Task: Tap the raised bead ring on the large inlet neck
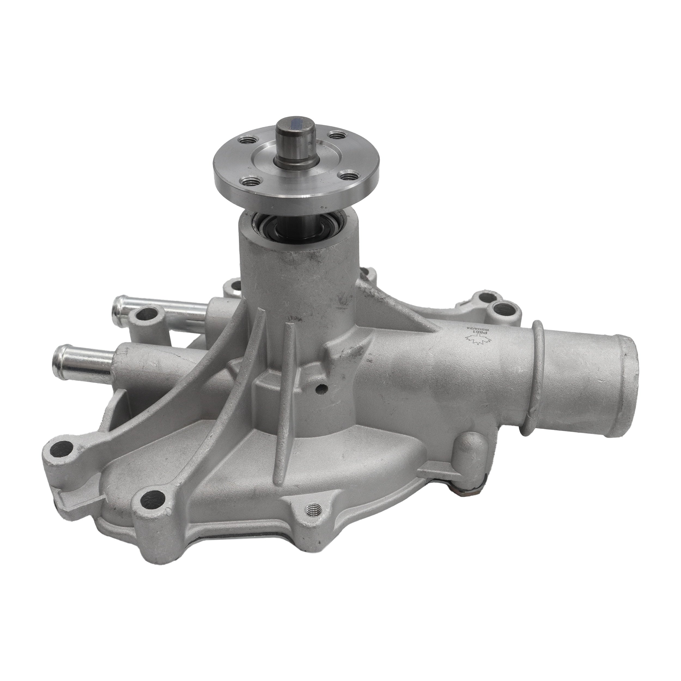pos(539,367)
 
